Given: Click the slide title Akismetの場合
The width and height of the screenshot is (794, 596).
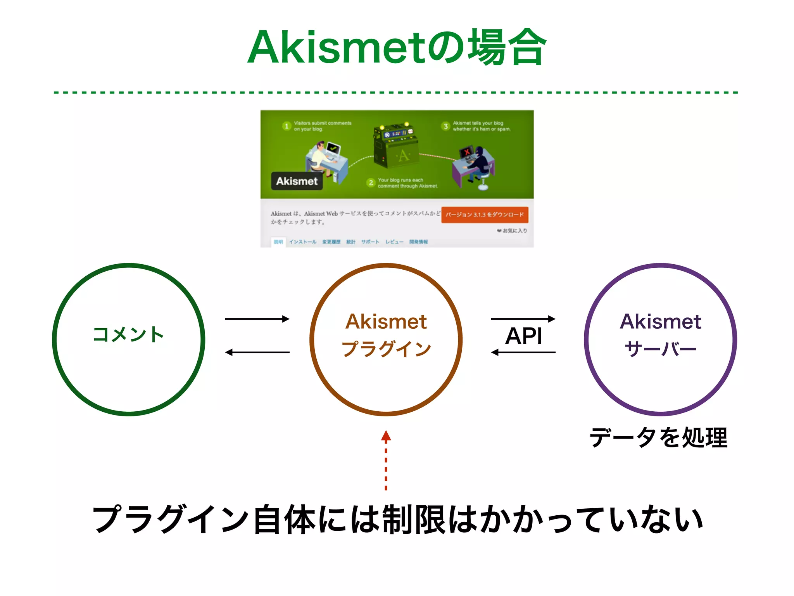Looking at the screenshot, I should pos(396,48).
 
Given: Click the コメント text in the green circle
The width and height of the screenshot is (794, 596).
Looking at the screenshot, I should pos(128,334).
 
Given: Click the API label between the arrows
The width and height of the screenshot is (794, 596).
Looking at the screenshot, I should pos(523,336).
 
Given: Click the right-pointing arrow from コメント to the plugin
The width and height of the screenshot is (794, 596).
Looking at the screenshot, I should pos(257,319).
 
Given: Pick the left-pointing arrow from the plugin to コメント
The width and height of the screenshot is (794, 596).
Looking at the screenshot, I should pos(257,352).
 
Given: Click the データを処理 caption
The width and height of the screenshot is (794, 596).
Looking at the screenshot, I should pos(658,438).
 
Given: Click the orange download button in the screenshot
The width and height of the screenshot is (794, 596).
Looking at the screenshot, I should pos(484,215).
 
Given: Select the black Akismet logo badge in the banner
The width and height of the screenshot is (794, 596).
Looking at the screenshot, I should pos(297,181).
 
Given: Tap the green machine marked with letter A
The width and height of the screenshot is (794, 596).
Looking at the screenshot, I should pos(395,147).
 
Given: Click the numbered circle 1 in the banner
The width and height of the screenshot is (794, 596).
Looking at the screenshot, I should pos(287,126).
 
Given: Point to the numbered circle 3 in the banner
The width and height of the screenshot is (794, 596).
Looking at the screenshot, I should pos(445,126).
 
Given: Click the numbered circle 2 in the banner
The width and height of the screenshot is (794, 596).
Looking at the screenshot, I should pos(371,183).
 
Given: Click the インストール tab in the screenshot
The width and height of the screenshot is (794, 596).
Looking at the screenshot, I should pos(302,242).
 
